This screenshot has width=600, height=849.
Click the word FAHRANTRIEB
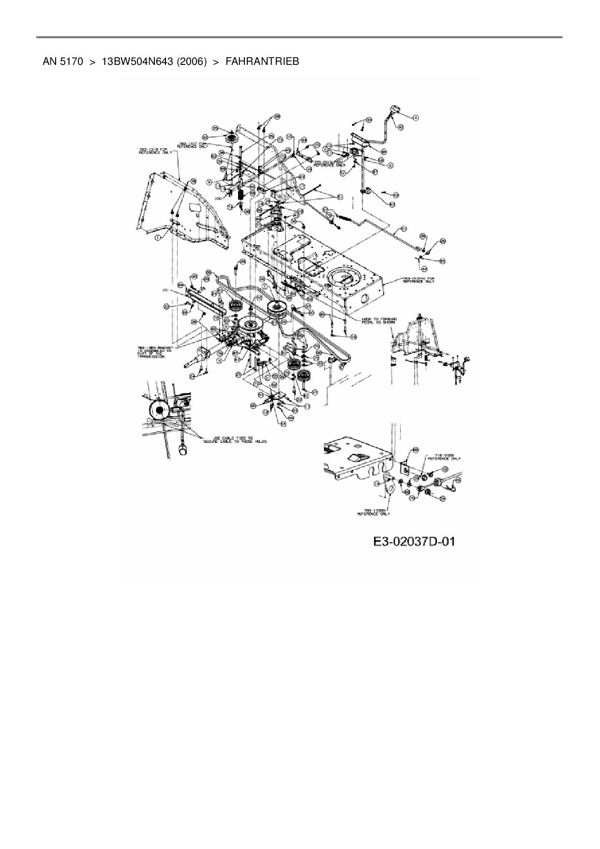[262, 61]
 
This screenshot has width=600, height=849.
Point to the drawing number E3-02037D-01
[414, 541]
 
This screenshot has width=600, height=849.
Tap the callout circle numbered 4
[415, 117]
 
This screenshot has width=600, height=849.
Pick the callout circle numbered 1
[157, 238]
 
